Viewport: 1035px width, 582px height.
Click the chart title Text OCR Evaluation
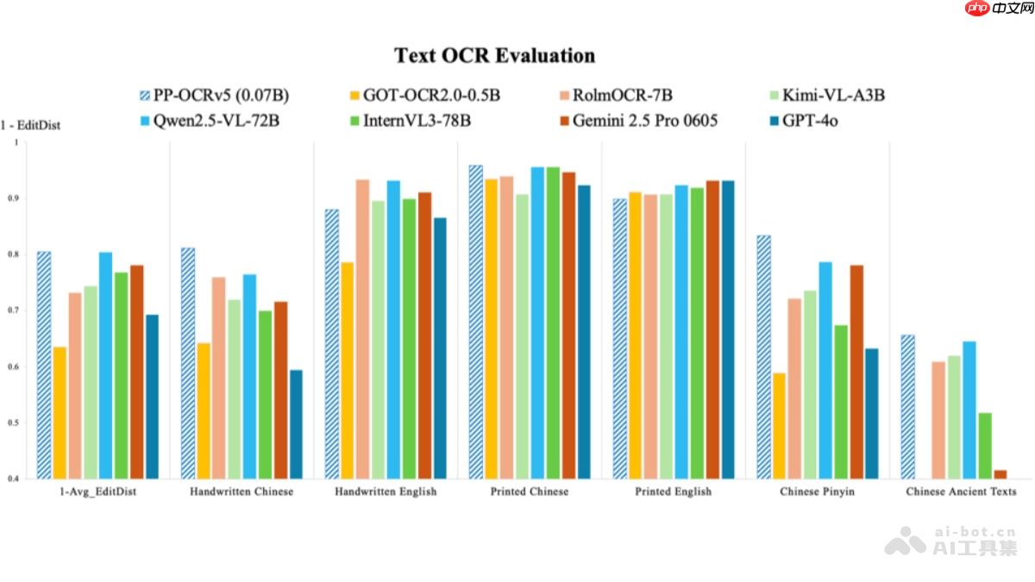(494, 56)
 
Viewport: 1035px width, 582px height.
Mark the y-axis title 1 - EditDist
(30, 125)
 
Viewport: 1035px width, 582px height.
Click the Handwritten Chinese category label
(241, 491)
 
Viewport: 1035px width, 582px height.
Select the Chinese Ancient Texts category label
(961, 491)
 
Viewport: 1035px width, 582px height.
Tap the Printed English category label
(674, 491)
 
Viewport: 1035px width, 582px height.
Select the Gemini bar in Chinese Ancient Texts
(1000, 474)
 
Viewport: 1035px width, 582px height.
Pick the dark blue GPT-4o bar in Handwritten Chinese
(296, 424)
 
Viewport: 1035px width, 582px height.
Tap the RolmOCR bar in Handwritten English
(362, 329)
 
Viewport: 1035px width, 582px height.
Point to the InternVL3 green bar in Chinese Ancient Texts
(985, 445)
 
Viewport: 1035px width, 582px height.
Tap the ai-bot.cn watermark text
(975, 532)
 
